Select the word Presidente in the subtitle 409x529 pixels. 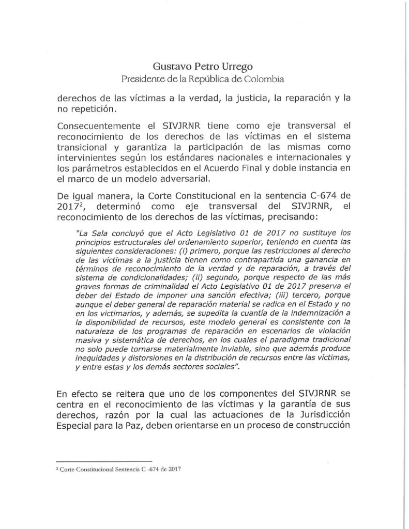point(143,79)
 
